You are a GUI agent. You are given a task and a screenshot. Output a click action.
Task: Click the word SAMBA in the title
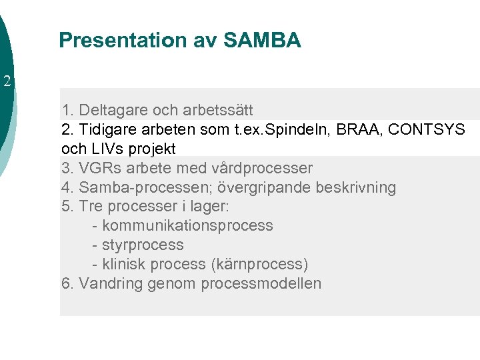point(263,41)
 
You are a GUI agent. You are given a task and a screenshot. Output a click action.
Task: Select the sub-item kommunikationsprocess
point(187,225)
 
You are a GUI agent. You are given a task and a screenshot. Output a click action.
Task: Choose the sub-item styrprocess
point(143,245)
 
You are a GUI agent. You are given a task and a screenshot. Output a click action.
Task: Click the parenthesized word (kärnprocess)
point(259,264)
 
